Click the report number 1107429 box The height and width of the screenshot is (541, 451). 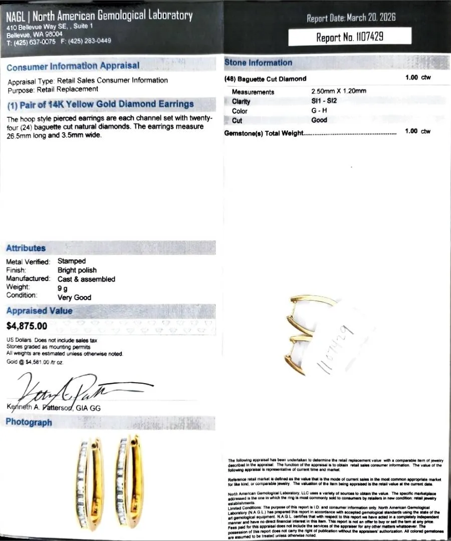tap(350, 37)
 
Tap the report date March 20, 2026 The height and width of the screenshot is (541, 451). tap(351, 18)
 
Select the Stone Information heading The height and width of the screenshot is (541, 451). tap(258, 63)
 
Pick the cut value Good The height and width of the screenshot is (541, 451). tap(319, 120)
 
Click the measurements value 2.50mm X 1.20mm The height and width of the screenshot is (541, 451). tap(339, 92)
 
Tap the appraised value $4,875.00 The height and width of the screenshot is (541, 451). tap(27, 326)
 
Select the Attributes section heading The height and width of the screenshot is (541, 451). tap(26, 248)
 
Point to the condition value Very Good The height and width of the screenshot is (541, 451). tap(74, 297)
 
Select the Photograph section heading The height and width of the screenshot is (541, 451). tap(29, 422)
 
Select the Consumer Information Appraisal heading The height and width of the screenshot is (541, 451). tap(73, 66)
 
